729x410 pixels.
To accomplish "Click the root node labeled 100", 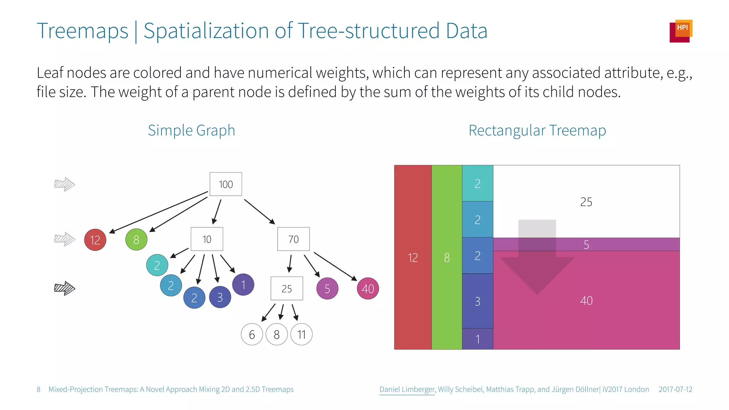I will pos(226,184).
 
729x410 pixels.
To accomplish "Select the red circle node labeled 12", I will pos(95,240).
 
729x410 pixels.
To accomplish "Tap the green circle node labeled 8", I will pos(136,240).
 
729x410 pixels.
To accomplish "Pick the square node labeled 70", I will pos(293,239).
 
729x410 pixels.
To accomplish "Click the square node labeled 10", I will pos(207,239).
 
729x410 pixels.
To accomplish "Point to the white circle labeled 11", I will pos(301,335).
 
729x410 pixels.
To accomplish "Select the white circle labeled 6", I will pos(252,335).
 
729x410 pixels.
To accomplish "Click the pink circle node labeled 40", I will pos(368,289).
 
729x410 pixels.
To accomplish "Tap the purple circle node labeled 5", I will pos(327,289).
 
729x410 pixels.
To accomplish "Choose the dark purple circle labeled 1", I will pos(243,285).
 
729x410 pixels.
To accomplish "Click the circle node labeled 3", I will pos(220,297).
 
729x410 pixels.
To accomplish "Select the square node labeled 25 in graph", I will pos(287,288).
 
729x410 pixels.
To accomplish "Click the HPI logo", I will pos(681,31).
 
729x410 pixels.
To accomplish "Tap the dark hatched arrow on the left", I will pos(64,288).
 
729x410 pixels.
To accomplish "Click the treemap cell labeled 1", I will pos(477,339).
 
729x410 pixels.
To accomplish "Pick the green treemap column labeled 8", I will pos(447,257).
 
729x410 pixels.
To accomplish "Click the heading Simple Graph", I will pos(192,130).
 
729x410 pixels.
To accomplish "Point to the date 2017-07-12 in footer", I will pos(675,389).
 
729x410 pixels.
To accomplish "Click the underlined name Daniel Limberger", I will pos(407,389).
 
